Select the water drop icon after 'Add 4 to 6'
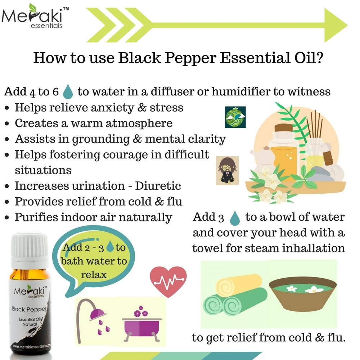pyautogui.click(x=68, y=91)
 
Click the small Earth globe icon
pyautogui.click(x=235, y=117)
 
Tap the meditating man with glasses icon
pyautogui.click(x=228, y=170)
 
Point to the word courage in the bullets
pyautogui.click(x=130, y=154)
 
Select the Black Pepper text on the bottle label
pyautogui.click(x=29, y=309)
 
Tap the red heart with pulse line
pyautogui.click(x=168, y=279)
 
